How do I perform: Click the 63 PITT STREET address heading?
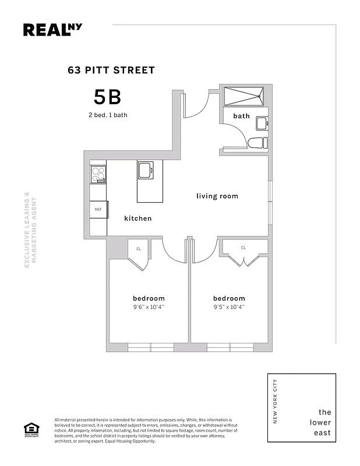[111, 70]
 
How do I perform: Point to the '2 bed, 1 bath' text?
[105, 115]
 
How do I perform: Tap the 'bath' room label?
[241, 116]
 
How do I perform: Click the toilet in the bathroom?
[256, 143]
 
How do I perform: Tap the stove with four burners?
[98, 174]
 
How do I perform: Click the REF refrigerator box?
[98, 209]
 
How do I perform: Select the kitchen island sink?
[144, 171]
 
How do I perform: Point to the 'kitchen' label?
[138, 218]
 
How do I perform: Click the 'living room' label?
[217, 196]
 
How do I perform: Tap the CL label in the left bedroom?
[139, 249]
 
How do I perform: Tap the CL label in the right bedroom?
[243, 248]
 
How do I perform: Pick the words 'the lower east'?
[320, 422]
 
